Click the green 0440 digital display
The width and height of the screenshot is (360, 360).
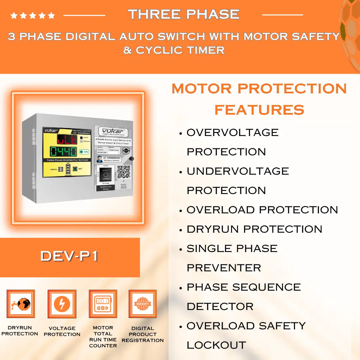(63, 152)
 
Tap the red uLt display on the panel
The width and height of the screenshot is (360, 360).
(67, 139)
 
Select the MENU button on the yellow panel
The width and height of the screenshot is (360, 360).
(61, 169)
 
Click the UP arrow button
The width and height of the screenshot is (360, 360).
(68, 167)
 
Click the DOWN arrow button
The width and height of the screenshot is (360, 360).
(68, 172)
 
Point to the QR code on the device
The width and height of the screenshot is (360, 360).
(123, 171)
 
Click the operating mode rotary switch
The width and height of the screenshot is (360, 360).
(106, 174)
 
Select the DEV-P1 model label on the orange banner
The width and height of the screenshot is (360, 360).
(69, 256)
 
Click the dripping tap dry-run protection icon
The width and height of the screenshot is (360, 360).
(21, 304)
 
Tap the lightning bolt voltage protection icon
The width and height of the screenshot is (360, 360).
(62, 304)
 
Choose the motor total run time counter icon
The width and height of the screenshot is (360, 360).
(103, 304)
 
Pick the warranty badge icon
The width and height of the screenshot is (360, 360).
(143, 304)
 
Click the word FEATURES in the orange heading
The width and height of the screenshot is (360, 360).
(259, 109)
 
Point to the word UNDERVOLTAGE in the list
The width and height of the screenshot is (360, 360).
(238, 171)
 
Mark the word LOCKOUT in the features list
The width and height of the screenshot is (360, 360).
(216, 345)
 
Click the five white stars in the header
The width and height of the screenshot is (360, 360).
(33, 15)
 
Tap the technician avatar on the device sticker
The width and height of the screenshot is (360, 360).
(99, 159)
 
